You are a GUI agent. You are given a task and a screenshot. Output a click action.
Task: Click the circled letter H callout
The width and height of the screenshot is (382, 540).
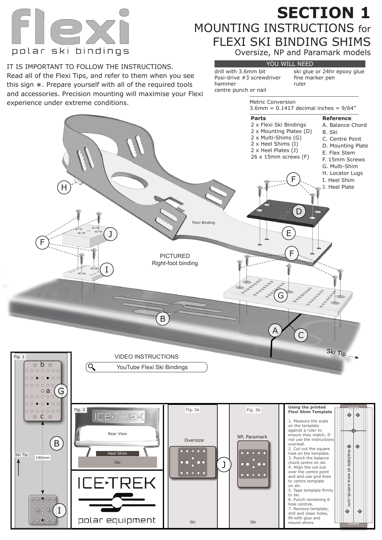[x=64, y=187]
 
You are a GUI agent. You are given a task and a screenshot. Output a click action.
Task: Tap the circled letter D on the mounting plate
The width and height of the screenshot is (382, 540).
[x=299, y=212]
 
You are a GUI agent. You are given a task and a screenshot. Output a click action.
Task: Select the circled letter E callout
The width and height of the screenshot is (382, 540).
[x=288, y=233]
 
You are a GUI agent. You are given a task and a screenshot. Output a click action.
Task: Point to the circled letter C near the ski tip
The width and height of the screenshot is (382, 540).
[x=301, y=335]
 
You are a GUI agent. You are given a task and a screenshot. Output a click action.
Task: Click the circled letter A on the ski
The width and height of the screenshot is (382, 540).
[x=275, y=331]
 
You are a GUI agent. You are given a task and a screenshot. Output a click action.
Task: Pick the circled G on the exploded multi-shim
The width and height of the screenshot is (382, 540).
[x=281, y=296]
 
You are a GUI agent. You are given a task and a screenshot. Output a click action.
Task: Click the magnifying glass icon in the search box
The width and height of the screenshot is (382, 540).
[x=91, y=367]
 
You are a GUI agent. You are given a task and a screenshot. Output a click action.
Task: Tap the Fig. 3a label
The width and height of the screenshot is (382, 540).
[x=192, y=410]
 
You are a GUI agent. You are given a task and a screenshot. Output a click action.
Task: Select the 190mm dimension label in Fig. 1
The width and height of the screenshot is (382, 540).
[x=42, y=457]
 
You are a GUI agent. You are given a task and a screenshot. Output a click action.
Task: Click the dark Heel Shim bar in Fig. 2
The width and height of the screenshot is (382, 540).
[x=117, y=453]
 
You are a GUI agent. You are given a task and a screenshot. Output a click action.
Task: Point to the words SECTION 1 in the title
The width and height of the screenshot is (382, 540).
[x=323, y=13]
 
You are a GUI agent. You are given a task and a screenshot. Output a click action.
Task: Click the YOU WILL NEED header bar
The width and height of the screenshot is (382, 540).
[x=289, y=64]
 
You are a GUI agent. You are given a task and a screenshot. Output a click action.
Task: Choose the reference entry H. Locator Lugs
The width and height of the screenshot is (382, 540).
[x=342, y=173]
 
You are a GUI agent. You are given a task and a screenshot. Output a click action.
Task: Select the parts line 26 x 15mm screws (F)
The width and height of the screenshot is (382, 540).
[x=279, y=157]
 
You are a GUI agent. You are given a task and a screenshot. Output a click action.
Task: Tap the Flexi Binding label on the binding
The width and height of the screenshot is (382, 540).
[x=203, y=222]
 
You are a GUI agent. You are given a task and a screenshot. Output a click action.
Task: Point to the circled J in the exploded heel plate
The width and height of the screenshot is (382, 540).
[x=110, y=234]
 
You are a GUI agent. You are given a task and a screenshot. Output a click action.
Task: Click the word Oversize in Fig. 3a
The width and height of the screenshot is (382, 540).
[x=194, y=440]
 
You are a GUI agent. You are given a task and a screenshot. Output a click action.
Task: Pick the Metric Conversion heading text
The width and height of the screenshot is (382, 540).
[x=272, y=102]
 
